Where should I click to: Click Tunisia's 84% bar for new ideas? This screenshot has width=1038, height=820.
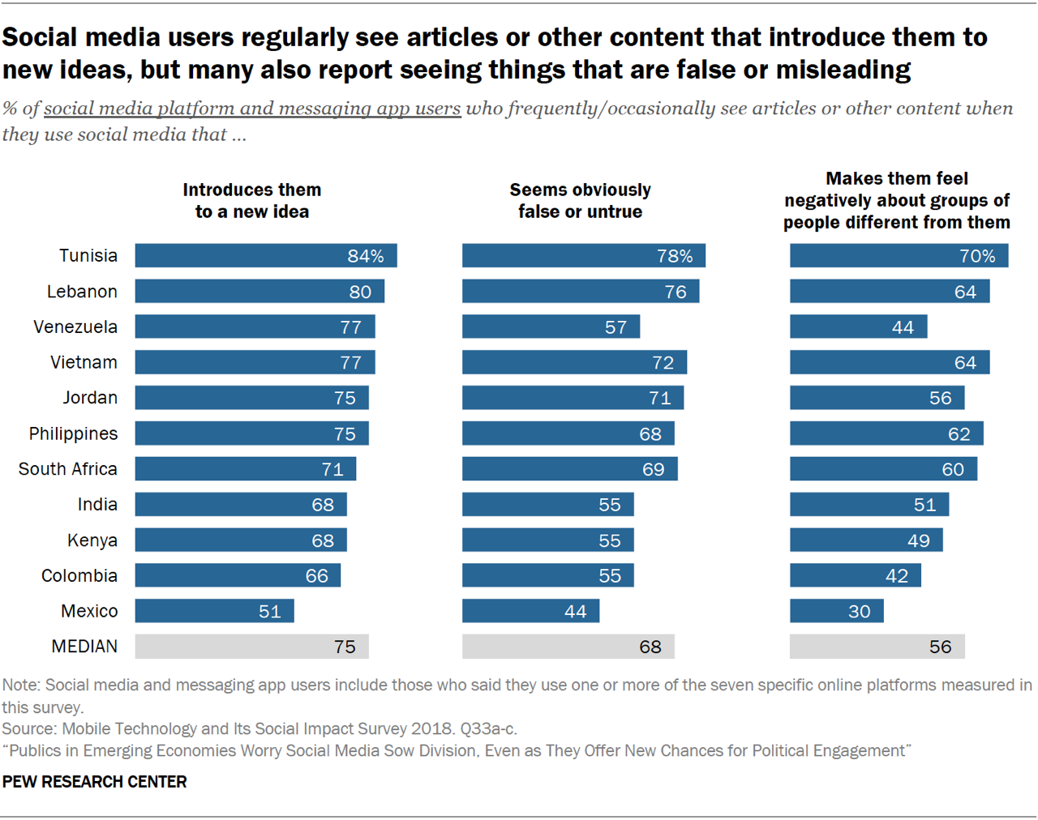click(265, 256)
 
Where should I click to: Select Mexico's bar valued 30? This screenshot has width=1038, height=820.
click(836, 611)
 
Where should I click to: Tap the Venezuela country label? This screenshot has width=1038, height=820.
click(75, 327)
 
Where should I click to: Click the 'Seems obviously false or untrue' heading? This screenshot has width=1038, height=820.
click(580, 201)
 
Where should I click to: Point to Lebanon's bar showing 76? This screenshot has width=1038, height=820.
click(580, 292)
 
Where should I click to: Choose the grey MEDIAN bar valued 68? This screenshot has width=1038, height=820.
click(568, 647)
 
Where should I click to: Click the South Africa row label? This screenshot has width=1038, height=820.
click(68, 469)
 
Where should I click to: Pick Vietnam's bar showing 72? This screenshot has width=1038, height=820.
click(574, 363)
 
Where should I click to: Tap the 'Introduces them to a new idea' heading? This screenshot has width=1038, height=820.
click(251, 201)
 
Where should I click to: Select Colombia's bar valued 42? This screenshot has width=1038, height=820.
click(855, 576)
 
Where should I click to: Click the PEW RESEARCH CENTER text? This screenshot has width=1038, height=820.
click(94, 782)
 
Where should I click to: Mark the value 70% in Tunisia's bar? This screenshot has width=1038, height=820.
click(976, 256)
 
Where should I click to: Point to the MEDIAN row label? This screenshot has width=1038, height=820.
click(84, 647)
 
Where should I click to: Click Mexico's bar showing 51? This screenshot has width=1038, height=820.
click(214, 611)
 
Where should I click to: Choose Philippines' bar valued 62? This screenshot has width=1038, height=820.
click(886, 433)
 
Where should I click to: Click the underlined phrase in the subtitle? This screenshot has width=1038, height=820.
click(252, 109)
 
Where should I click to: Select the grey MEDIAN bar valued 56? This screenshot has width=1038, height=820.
click(877, 647)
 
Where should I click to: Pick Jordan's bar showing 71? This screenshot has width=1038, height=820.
click(573, 398)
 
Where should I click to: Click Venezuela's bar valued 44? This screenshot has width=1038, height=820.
click(858, 327)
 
